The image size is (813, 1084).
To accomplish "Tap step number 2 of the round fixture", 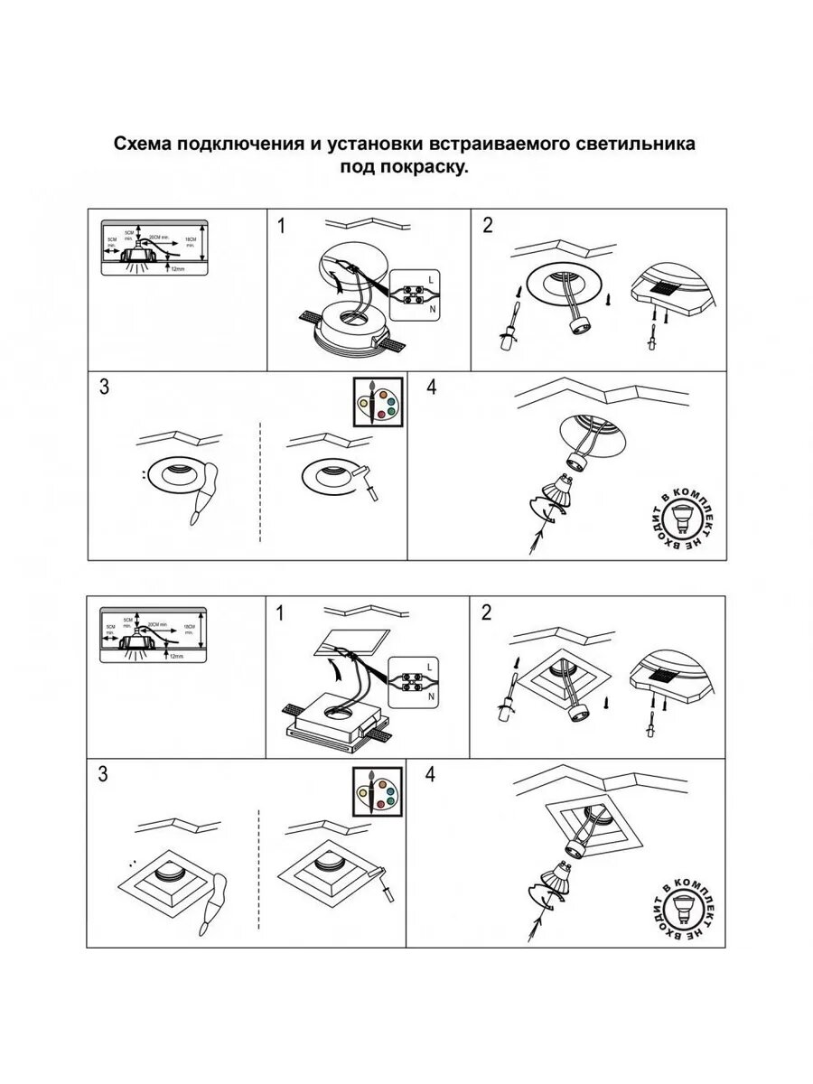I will coord(488,226).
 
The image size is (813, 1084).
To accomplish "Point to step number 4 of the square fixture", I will coord(430,775).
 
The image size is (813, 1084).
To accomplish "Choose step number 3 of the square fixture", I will coord(104,775).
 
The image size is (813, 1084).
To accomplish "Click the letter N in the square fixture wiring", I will coord(432,696).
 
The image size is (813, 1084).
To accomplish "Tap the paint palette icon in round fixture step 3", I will coord(375,400).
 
